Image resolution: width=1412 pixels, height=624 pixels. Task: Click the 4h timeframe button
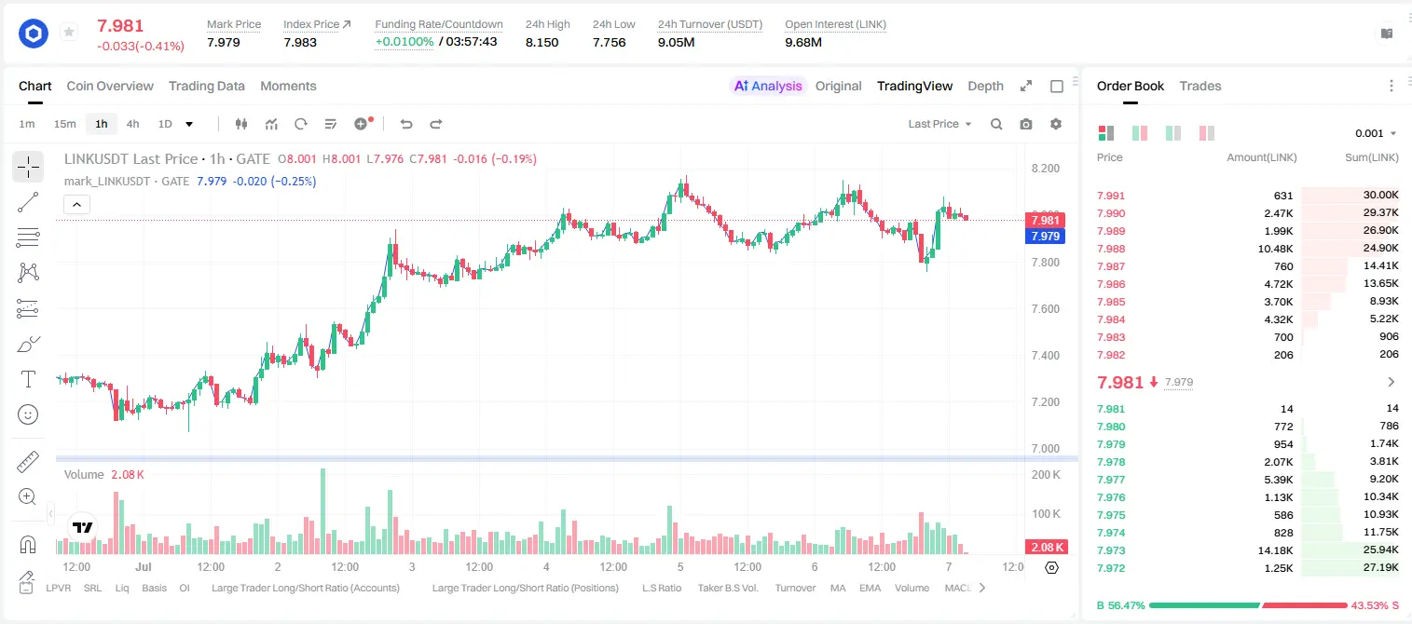[x=132, y=124]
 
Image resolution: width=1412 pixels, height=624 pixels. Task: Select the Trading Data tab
[x=206, y=86]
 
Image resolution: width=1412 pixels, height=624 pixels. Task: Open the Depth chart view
[x=985, y=86]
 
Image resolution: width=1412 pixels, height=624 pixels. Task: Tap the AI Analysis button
[x=768, y=86]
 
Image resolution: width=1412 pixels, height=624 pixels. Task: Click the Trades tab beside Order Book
[x=1200, y=86]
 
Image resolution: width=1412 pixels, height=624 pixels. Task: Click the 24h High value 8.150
[x=542, y=42]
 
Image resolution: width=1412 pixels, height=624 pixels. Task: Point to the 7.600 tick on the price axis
[x=1045, y=308]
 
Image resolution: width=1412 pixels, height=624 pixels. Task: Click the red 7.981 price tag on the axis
[x=1045, y=220]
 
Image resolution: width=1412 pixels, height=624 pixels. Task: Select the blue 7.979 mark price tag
[x=1045, y=237]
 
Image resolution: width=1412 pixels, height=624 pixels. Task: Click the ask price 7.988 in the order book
[x=1111, y=249]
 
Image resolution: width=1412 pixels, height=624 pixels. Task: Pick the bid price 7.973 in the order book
[x=1111, y=550]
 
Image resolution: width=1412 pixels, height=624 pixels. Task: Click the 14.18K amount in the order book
[x=1275, y=550]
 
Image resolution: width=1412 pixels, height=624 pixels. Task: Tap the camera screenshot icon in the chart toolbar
[x=1026, y=124]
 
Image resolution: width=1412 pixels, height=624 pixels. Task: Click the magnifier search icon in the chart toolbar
[x=996, y=124]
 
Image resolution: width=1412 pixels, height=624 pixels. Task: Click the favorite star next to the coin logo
[x=69, y=32]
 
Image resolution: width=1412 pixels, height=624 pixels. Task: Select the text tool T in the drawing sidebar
[x=28, y=379]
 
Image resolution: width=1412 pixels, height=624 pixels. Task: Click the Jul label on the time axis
[x=144, y=566]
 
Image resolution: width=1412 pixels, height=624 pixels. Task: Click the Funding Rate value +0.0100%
[x=404, y=42]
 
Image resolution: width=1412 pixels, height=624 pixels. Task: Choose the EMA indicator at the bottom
[x=870, y=588]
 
